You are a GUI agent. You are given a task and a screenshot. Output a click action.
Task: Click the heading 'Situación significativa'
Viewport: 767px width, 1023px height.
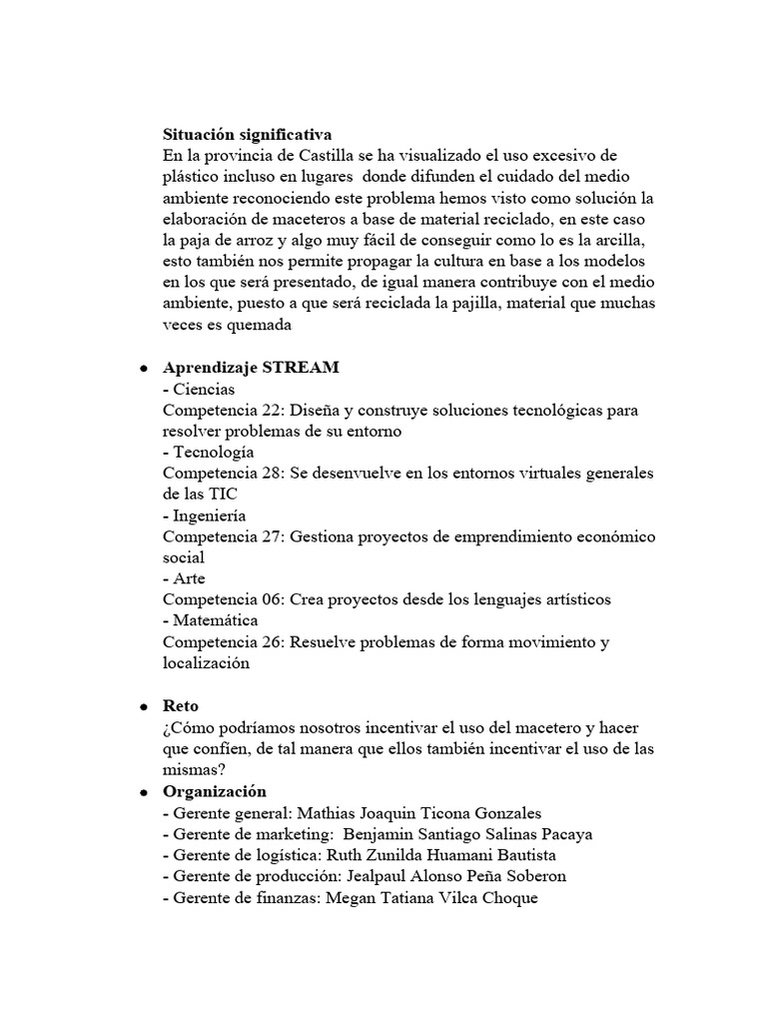(x=248, y=134)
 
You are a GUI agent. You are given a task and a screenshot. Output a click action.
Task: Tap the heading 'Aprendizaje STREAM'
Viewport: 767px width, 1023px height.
(x=251, y=368)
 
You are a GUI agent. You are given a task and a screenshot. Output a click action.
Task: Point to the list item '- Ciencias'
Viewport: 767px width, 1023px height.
(x=199, y=389)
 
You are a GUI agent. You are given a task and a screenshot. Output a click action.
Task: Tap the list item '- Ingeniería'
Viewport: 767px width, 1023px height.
(x=205, y=515)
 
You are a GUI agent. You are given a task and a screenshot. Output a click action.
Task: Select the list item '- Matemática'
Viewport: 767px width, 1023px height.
(x=211, y=620)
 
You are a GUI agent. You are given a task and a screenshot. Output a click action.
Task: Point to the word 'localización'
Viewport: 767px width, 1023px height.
(x=207, y=662)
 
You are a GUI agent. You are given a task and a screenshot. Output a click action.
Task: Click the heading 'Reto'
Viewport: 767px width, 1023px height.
(x=181, y=705)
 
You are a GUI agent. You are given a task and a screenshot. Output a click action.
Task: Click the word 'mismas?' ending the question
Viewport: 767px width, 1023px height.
(x=196, y=768)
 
